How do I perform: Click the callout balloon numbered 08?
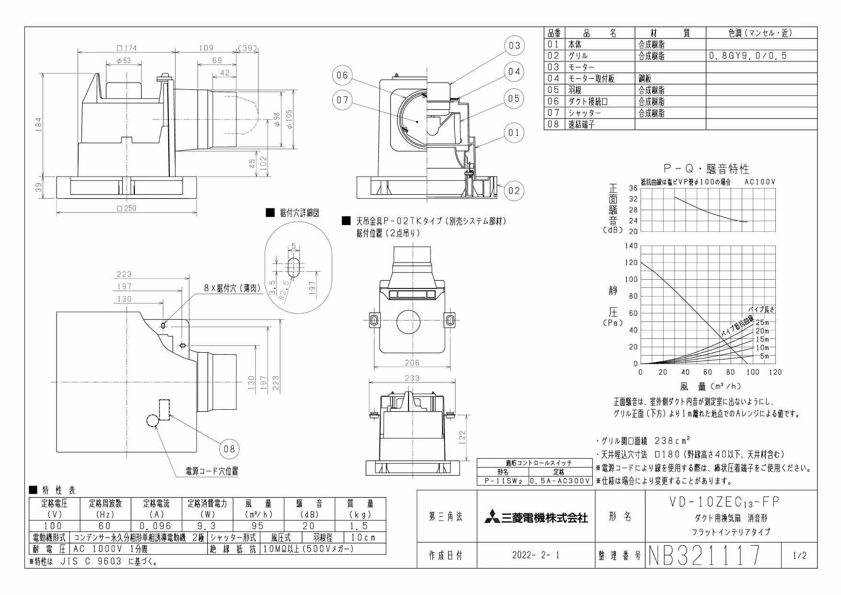(x=229, y=449)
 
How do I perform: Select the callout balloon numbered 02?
(x=514, y=190)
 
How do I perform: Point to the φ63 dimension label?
(x=123, y=61)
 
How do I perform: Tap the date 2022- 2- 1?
(x=536, y=556)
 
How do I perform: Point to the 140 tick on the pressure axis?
(x=631, y=246)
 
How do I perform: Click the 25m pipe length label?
(x=762, y=322)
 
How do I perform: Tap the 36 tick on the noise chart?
(x=632, y=189)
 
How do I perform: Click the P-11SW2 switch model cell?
(x=503, y=480)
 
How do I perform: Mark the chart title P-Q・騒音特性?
(x=706, y=168)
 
